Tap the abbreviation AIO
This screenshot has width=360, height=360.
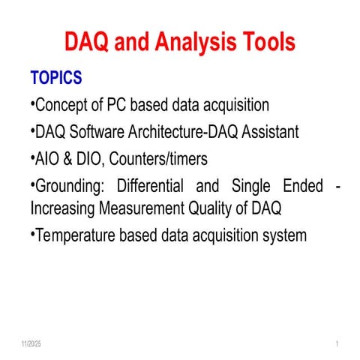click(x=47, y=158)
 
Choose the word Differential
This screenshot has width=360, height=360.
click(x=151, y=184)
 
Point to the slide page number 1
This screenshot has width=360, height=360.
click(x=338, y=344)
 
